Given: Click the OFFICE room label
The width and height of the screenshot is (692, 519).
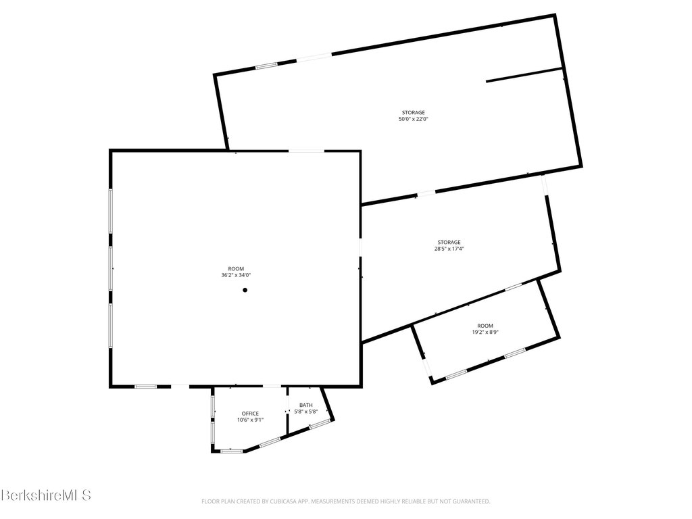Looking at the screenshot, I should pyautogui.click(x=250, y=413).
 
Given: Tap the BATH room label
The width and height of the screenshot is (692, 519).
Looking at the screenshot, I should pyautogui.click(x=306, y=405).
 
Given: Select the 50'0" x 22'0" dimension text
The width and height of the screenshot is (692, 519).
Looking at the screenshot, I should pyautogui.click(x=414, y=119).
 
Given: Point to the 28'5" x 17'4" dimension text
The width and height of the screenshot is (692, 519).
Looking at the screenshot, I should pyautogui.click(x=449, y=249).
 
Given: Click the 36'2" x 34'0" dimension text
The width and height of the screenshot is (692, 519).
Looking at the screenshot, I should pyautogui.click(x=236, y=275).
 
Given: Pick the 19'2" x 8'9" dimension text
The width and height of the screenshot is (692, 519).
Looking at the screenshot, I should pyautogui.click(x=485, y=332).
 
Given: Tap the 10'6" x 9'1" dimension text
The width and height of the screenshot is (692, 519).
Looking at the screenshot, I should pyautogui.click(x=250, y=420).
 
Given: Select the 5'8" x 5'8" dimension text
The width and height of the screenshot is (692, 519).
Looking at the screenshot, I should pyautogui.click(x=306, y=412).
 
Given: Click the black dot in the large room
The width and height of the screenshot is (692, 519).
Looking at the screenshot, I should pyautogui.click(x=245, y=290).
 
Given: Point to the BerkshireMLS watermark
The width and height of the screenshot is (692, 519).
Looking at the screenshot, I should pyautogui.click(x=45, y=495).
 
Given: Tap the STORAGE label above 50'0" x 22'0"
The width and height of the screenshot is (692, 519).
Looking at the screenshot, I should pyautogui.click(x=414, y=112).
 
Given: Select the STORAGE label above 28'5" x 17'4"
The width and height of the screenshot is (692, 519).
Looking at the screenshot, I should pyautogui.click(x=449, y=242).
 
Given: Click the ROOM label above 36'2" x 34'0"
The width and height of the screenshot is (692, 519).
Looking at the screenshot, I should pyautogui.click(x=236, y=268).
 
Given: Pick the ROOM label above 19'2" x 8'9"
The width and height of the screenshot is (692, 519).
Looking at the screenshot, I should pyautogui.click(x=485, y=325).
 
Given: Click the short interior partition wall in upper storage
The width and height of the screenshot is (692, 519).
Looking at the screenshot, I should pyautogui.click(x=524, y=74).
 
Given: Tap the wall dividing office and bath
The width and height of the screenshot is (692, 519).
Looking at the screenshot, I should pyautogui.click(x=287, y=410).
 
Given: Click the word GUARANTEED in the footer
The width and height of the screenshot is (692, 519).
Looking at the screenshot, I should pyautogui.click(x=470, y=501).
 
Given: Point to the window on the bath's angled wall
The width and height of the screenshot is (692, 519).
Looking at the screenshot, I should pyautogui.click(x=320, y=424).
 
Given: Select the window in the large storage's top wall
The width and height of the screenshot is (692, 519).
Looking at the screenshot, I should pyautogui.click(x=266, y=66).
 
